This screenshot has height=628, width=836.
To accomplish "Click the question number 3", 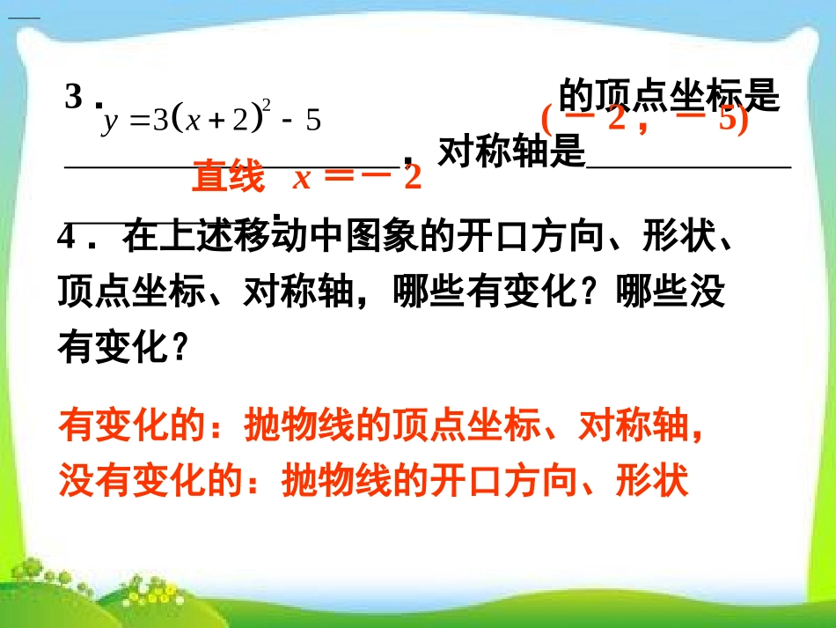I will point(74,97).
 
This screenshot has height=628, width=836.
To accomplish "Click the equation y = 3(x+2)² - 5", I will point(211,121).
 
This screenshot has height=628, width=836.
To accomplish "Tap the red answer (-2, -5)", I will point(644,119).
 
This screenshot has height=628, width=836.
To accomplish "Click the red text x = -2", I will point(357,178).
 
